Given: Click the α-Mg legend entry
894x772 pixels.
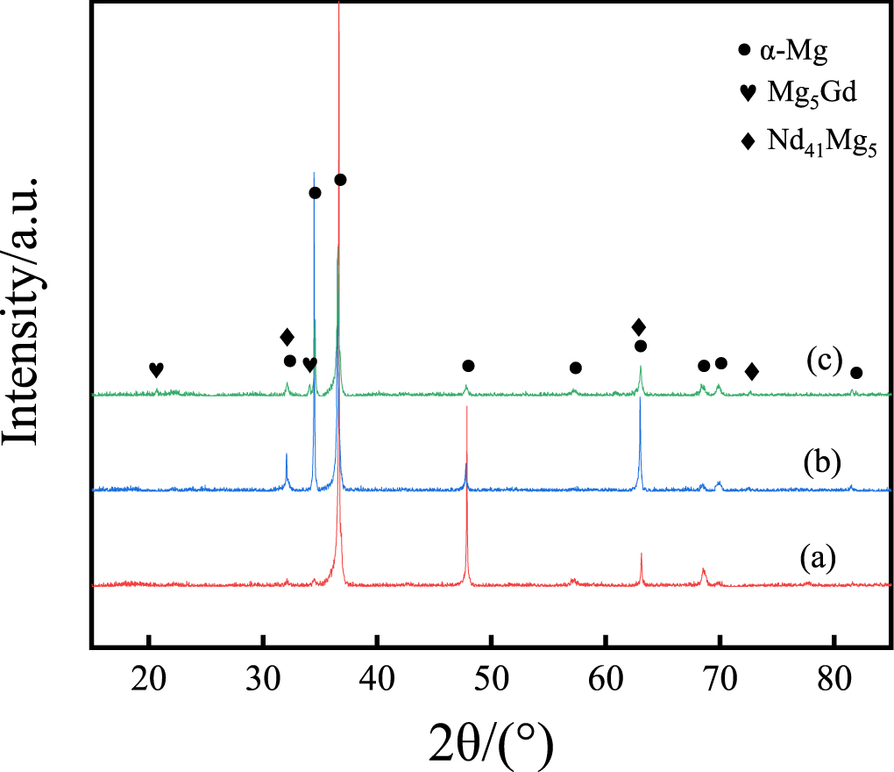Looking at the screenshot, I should pos(784,50).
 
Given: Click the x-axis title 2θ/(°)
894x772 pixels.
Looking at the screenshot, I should pos(491,742).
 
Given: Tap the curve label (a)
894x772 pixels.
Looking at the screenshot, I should pos(817,557).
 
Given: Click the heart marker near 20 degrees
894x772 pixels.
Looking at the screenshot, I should pos(156,369).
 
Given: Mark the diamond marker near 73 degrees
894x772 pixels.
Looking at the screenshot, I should pos(751,372).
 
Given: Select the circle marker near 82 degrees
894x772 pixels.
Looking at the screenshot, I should pos(856,373).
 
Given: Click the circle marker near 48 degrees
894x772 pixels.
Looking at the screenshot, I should pos(468,366).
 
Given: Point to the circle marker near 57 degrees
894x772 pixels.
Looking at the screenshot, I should pos(575,368).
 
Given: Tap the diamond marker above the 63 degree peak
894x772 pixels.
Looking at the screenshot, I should pos(639,327).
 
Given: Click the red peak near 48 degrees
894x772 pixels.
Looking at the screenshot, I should pos(467,491).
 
